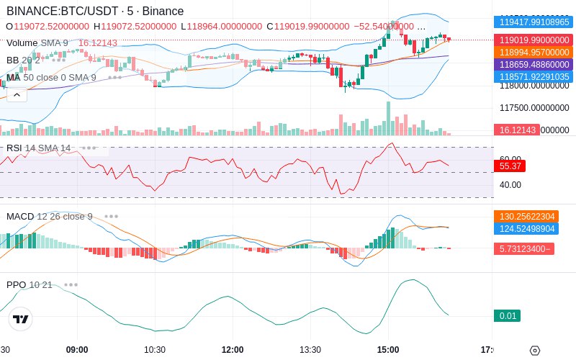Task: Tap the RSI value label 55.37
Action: pyautogui.click(x=509, y=166)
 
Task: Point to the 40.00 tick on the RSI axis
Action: pyautogui.click(x=510, y=185)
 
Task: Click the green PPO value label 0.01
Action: pyautogui.click(x=507, y=315)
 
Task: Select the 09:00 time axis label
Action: pyautogui.click(x=77, y=350)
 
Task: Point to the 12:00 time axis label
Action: pyautogui.click(x=233, y=350)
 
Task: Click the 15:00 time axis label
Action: pyautogui.click(x=388, y=350)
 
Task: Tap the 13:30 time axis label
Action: pyautogui.click(x=310, y=350)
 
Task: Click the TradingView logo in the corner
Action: pyautogui.click(x=21, y=319)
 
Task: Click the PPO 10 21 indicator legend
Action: pyautogui.click(x=30, y=284)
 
